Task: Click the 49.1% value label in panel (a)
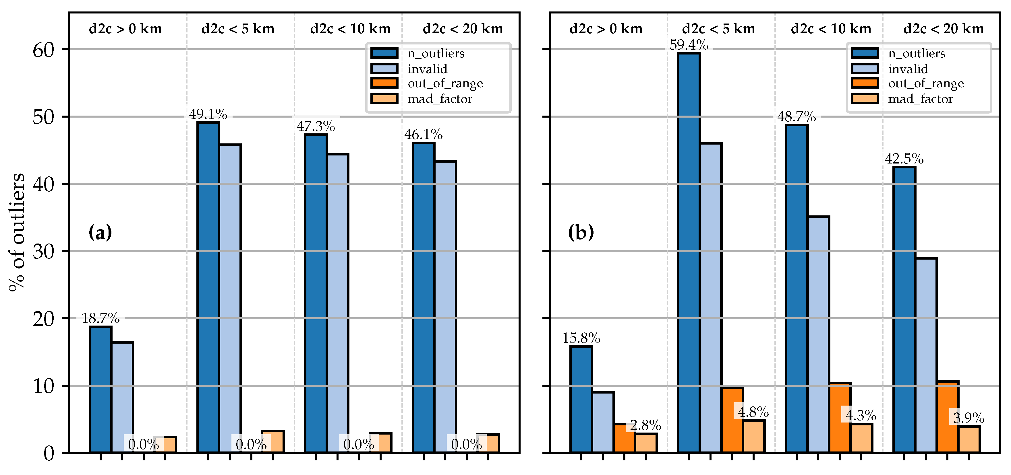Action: (208, 114)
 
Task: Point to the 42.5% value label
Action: (904, 159)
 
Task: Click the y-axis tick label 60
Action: (43, 50)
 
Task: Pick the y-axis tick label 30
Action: (43, 252)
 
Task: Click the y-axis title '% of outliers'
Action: (16, 232)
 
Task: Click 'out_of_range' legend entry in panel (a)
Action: (445, 83)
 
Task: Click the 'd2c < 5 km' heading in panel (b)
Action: (718, 29)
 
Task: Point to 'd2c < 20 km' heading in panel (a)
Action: (463, 29)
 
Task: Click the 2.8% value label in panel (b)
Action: (645, 425)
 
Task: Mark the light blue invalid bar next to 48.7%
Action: (818, 333)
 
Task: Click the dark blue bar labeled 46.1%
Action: (424, 298)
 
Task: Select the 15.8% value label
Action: (581, 338)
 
